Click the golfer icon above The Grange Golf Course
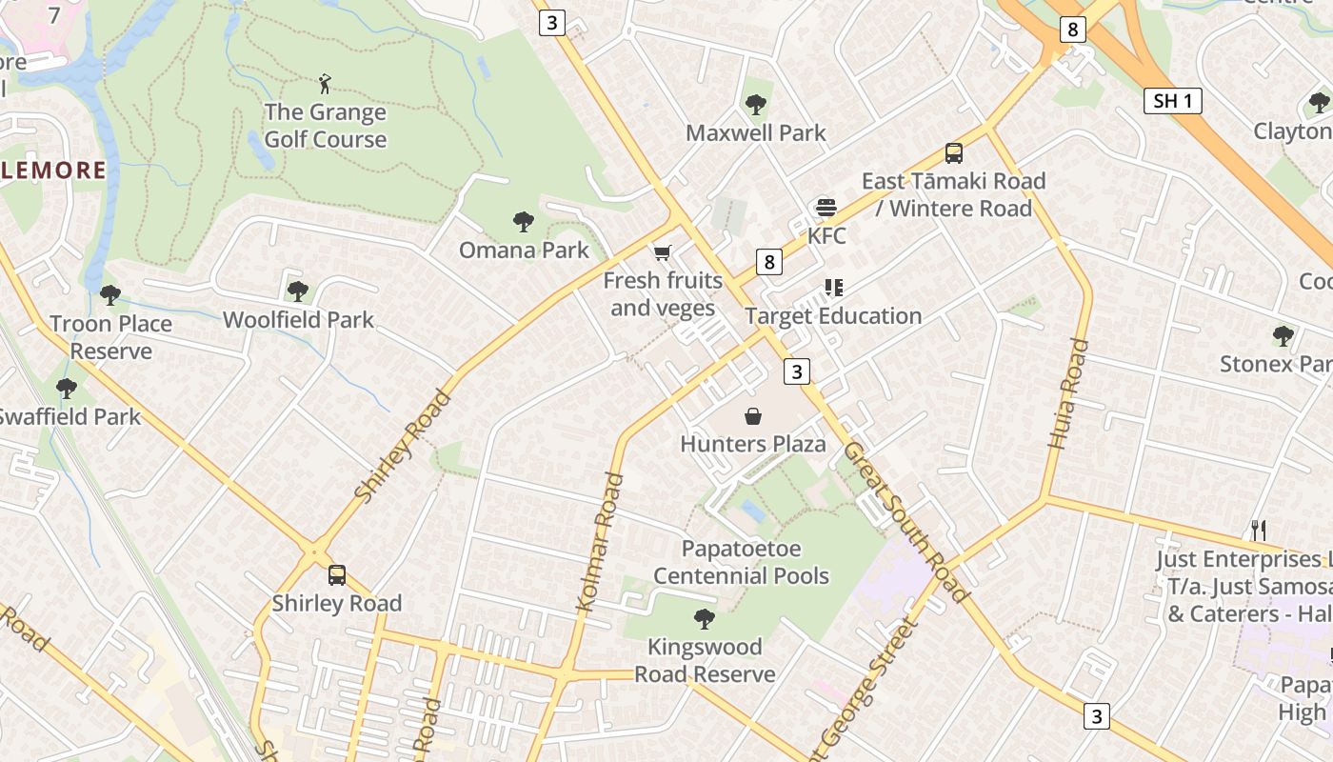point(326,84)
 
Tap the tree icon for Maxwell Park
point(756,104)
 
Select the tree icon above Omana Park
point(523,222)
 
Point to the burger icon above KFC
point(826,208)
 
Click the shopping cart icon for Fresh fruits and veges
point(663,252)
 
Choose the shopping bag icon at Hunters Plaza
point(753,416)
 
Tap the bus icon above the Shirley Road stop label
point(337,575)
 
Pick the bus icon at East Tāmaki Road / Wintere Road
point(953,152)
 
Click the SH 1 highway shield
point(1172,101)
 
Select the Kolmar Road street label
point(601,542)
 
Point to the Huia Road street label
point(1067,392)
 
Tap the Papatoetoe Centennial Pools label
point(741,562)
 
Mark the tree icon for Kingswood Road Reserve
point(705,619)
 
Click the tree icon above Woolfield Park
point(298,291)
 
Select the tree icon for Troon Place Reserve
point(110,295)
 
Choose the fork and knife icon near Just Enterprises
point(1258,531)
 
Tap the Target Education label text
point(833,316)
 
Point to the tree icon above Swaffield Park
point(66,389)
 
